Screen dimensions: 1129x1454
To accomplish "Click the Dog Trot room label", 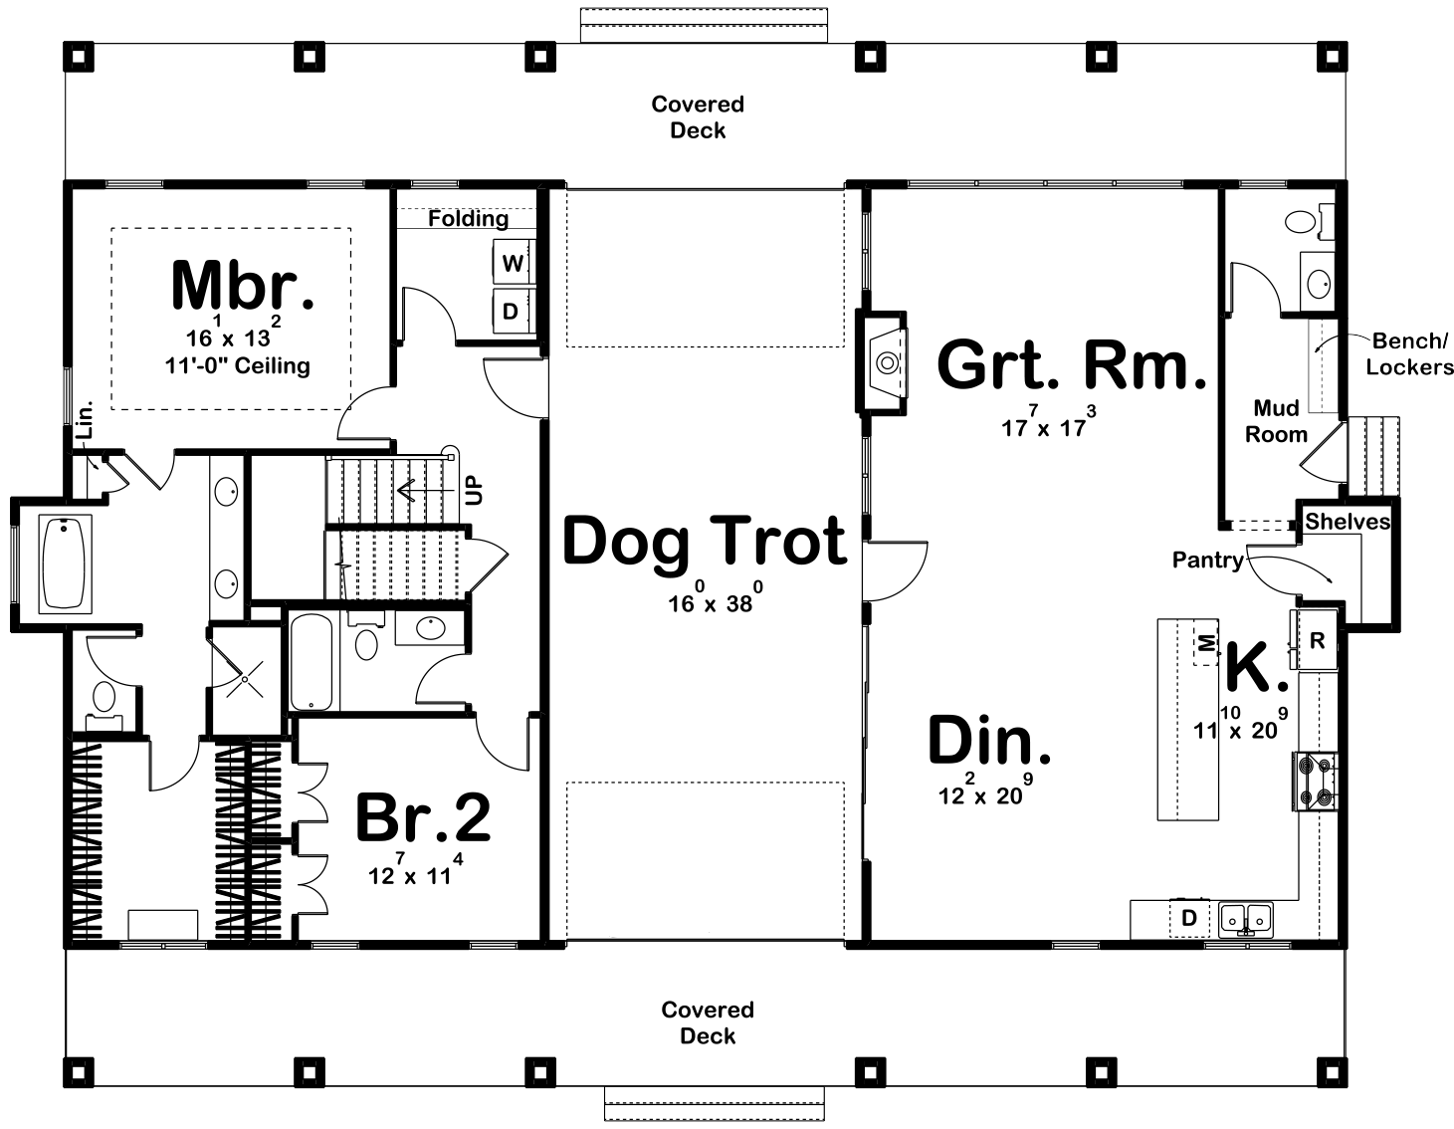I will [x=705, y=542].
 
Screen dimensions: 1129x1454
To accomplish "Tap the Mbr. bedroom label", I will [x=243, y=286].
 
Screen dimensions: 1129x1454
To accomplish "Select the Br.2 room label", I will [x=423, y=818].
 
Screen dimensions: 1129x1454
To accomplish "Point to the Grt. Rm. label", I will [x=1072, y=365].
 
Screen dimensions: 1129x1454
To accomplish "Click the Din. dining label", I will [x=989, y=742].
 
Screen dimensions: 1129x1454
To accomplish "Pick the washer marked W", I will [x=513, y=264].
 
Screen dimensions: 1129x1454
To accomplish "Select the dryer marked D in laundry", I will [x=511, y=311].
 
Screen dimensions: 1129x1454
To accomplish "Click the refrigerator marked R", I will [x=1316, y=641].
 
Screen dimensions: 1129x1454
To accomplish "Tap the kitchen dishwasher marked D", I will [x=1188, y=918].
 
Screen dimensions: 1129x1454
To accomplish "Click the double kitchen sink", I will [x=1246, y=918].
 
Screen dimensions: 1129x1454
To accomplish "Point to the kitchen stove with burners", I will [x=1316, y=781].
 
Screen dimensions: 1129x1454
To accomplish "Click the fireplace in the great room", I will [x=883, y=362].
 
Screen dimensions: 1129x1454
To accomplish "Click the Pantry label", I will [x=1207, y=561].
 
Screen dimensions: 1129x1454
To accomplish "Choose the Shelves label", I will [x=1348, y=522].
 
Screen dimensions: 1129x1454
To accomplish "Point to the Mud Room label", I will [x=1277, y=421].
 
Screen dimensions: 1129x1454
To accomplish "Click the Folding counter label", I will [x=468, y=218].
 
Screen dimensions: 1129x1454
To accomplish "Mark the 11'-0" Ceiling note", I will [x=237, y=366].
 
